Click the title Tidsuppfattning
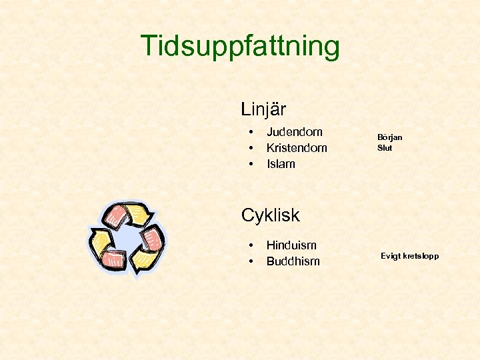[x=240, y=46]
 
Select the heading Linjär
[x=263, y=108]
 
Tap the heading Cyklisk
[x=270, y=215]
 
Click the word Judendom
[x=294, y=132]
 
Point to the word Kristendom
[x=297, y=148]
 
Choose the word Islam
[x=281, y=164]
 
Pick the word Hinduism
[x=291, y=245]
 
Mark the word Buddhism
[x=293, y=261]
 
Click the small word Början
[x=390, y=137]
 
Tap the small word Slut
[x=385, y=148]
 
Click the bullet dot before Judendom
[x=252, y=132]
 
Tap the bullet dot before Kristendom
[x=252, y=148]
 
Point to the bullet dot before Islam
[x=252, y=164]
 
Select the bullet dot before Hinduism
[x=252, y=245]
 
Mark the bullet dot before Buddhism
[x=252, y=261]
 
